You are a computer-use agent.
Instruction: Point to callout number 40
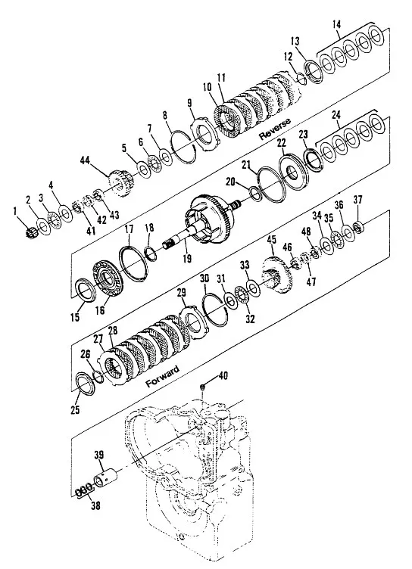click(x=223, y=375)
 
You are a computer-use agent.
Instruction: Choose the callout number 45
click(x=271, y=241)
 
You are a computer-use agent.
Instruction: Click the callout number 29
click(x=181, y=293)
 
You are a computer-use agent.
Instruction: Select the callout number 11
click(x=222, y=77)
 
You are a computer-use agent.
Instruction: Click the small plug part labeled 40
click(x=203, y=387)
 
